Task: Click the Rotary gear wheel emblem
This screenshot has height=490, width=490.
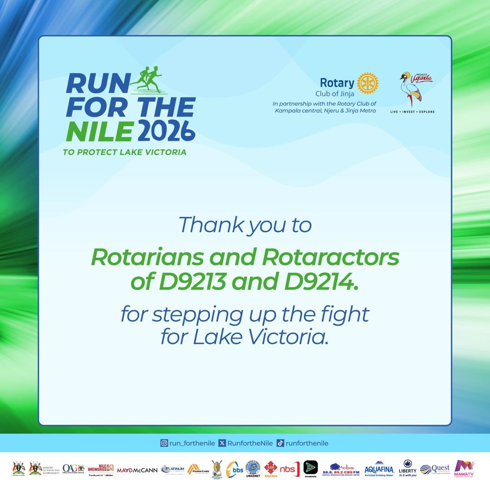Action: pyautogui.click(x=367, y=83)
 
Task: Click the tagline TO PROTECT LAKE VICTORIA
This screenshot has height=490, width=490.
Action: pyautogui.click(x=125, y=152)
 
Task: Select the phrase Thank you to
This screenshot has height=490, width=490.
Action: pyautogui.click(x=245, y=225)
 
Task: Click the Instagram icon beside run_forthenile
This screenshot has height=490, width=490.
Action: pyautogui.click(x=164, y=443)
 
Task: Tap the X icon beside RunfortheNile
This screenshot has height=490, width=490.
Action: pyautogui.click(x=222, y=443)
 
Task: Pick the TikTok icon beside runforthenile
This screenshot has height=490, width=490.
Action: pyautogui.click(x=280, y=443)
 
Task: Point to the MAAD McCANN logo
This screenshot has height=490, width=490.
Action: pyautogui.click(x=137, y=470)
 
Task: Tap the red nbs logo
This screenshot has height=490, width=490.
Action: pyautogui.click(x=289, y=469)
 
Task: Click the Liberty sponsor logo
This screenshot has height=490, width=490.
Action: pyautogui.click(x=407, y=468)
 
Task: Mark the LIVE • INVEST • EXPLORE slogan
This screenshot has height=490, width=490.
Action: pyautogui.click(x=412, y=112)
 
